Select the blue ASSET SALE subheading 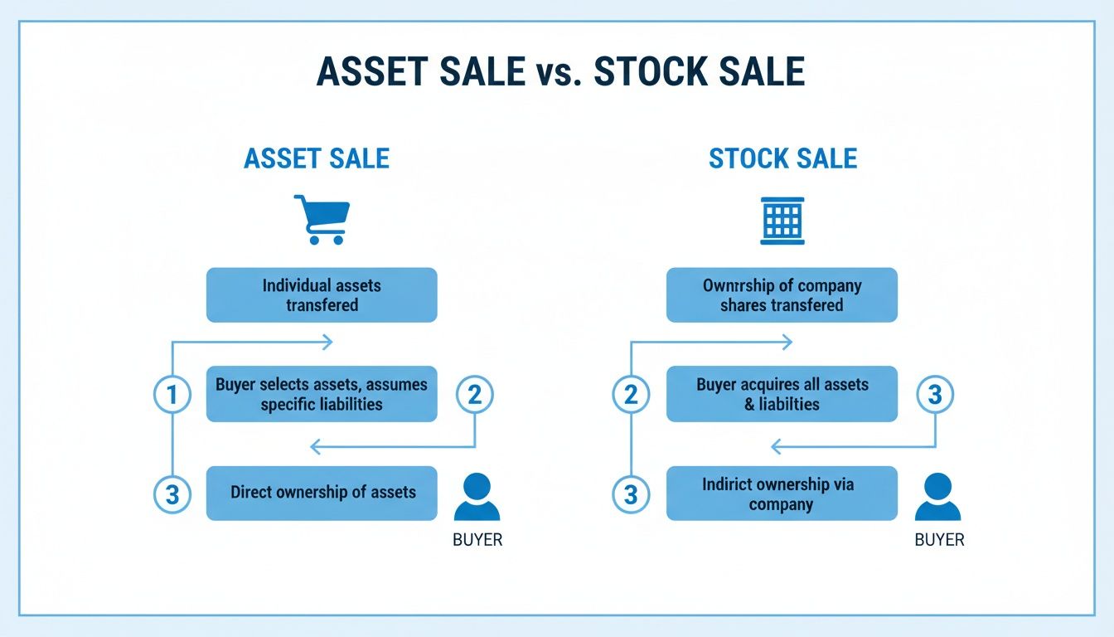tap(317, 158)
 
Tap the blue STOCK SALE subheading tap(782, 158)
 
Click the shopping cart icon tap(322, 219)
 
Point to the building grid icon tap(782, 221)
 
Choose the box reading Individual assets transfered tap(322, 294)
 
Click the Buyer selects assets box tap(322, 394)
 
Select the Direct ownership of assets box tap(322, 493)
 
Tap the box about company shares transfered tap(782, 294)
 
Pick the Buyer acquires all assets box tap(782, 394)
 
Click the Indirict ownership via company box tap(782, 493)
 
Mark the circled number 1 tap(172, 395)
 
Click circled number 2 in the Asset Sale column tap(474, 395)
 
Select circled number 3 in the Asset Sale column tap(172, 494)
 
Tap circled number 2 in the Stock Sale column tap(631, 395)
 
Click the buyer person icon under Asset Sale tap(477, 497)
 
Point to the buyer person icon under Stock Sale tap(937, 497)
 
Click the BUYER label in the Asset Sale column tap(477, 540)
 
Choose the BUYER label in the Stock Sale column tap(939, 540)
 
